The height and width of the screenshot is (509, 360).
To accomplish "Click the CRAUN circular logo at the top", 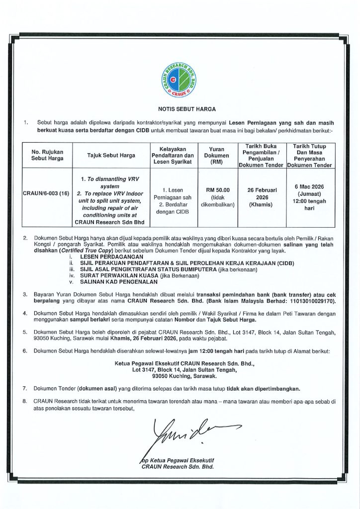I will pos(180,80).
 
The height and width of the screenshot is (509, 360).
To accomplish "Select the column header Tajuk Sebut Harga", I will pos(111,156).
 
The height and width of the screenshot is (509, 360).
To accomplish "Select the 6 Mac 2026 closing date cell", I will pos(309,197).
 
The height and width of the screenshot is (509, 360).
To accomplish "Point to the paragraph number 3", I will pos(25,295).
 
